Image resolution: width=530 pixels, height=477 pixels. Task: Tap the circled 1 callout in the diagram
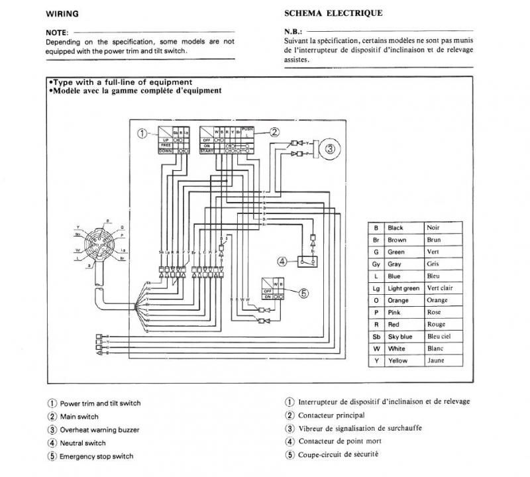(x=142, y=133)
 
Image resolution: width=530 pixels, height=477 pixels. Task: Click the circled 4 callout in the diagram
(x=282, y=261)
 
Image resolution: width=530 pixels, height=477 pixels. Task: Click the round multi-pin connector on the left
(x=99, y=244)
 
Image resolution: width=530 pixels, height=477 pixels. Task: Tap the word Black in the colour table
(x=396, y=227)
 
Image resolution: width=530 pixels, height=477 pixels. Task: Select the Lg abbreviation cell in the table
(x=376, y=288)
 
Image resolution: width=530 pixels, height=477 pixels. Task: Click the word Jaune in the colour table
(x=436, y=360)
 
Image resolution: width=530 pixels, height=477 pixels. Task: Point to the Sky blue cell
(x=400, y=337)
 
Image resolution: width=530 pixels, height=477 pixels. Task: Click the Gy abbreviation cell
(x=376, y=264)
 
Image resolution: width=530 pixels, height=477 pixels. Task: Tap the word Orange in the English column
(x=399, y=300)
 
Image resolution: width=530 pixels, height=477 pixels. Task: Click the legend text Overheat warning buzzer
(x=99, y=429)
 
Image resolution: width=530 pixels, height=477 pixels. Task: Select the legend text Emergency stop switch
(x=96, y=456)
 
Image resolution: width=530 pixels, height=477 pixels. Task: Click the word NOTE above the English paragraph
(x=55, y=32)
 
